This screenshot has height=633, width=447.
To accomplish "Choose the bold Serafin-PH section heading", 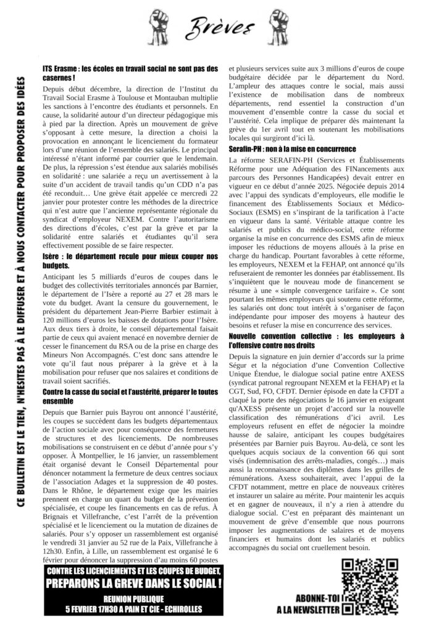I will click(x=293, y=150).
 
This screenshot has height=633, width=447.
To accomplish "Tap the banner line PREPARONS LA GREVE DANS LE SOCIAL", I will click(x=135, y=584).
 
